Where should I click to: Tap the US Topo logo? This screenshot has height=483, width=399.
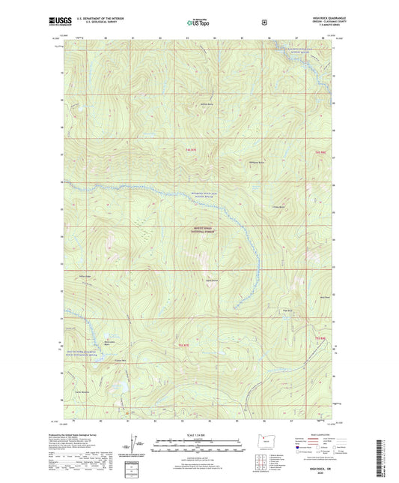click(198, 23)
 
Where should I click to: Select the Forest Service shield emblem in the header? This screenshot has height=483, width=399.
click(264, 22)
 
